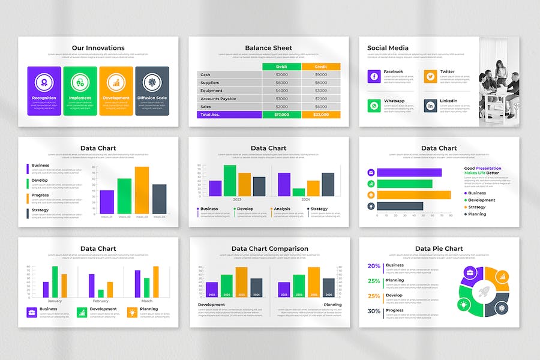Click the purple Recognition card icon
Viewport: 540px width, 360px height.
(44, 82)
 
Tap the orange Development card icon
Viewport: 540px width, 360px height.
(116, 82)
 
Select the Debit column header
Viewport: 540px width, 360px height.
(281, 67)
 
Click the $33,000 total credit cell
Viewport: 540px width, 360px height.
(320, 114)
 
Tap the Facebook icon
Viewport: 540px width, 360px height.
(374, 76)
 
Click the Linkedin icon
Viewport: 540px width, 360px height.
(430, 106)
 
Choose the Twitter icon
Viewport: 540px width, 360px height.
(430, 76)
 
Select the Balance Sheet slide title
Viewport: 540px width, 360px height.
(268, 48)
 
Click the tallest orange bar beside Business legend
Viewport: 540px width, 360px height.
(142, 190)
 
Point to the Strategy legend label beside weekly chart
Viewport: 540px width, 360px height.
(40, 210)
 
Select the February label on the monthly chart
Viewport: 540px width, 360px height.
(101, 301)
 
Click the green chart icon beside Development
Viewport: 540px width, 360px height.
(82, 312)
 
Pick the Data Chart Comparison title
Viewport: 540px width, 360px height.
(269, 248)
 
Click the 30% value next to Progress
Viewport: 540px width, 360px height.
(374, 311)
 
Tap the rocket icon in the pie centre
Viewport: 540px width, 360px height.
(484, 293)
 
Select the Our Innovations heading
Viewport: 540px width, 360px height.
(98, 48)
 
